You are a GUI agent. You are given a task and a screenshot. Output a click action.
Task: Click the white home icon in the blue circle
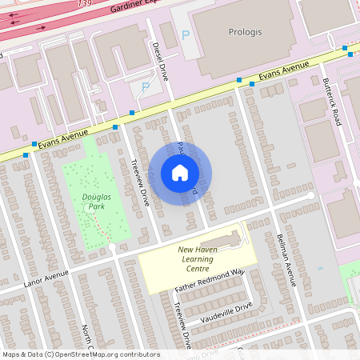point(180,173)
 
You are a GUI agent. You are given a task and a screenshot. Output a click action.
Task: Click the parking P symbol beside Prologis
point(186,34)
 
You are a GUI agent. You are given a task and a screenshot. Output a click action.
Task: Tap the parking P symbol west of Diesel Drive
point(145,86)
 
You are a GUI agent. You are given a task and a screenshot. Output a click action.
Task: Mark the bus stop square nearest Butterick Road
point(344,49)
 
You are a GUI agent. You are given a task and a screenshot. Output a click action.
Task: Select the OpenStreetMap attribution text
point(80,354)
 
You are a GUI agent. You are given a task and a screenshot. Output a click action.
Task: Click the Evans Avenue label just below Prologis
point(284,73)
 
